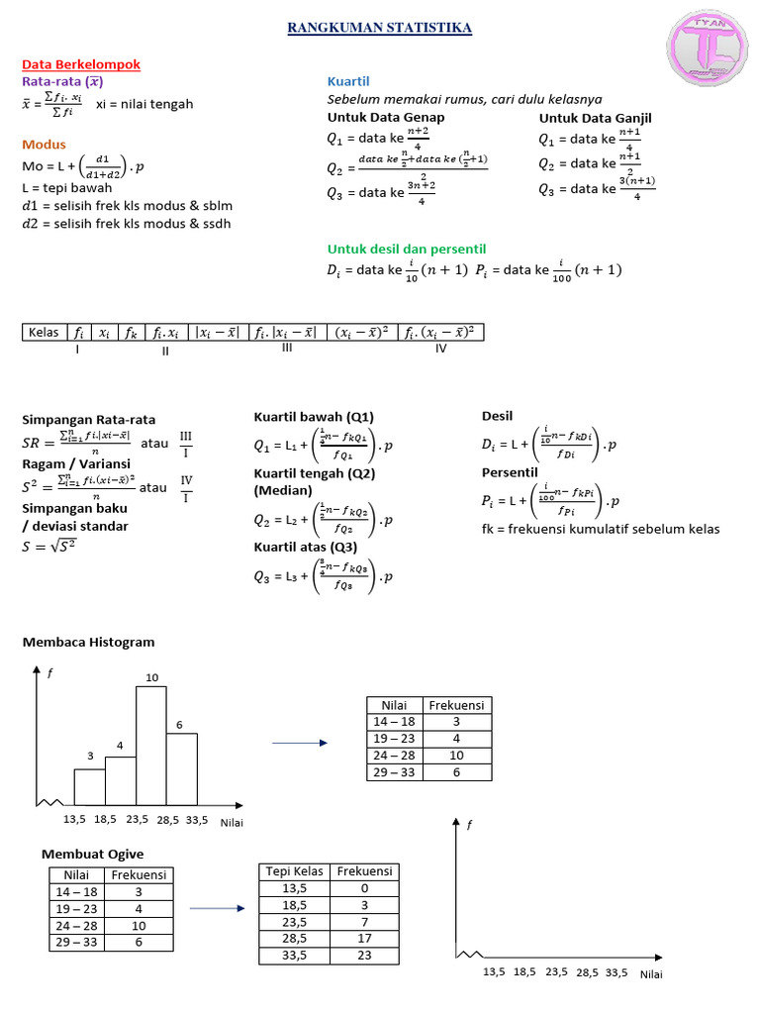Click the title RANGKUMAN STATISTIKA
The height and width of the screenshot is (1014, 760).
pos(379,29)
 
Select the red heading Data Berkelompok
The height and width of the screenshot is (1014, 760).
pos(81,64)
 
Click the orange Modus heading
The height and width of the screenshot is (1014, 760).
pos(44,145)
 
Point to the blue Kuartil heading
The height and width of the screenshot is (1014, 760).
pos(347,81)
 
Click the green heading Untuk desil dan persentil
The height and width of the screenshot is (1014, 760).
pos(406,249)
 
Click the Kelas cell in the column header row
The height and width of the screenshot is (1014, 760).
pos(45,333)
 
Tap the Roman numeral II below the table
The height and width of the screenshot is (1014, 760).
pos(165,350)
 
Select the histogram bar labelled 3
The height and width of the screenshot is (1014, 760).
pos(89,784)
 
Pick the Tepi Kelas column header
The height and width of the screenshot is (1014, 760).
pos(290,870)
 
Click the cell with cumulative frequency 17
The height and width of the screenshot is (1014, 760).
pos(364,938)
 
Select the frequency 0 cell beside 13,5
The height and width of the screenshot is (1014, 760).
pos(364,888)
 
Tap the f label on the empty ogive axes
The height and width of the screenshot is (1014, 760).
pos(470,825)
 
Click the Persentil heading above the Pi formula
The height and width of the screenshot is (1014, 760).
pos(509,472)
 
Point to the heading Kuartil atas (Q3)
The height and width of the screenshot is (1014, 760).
pos(306,547)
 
